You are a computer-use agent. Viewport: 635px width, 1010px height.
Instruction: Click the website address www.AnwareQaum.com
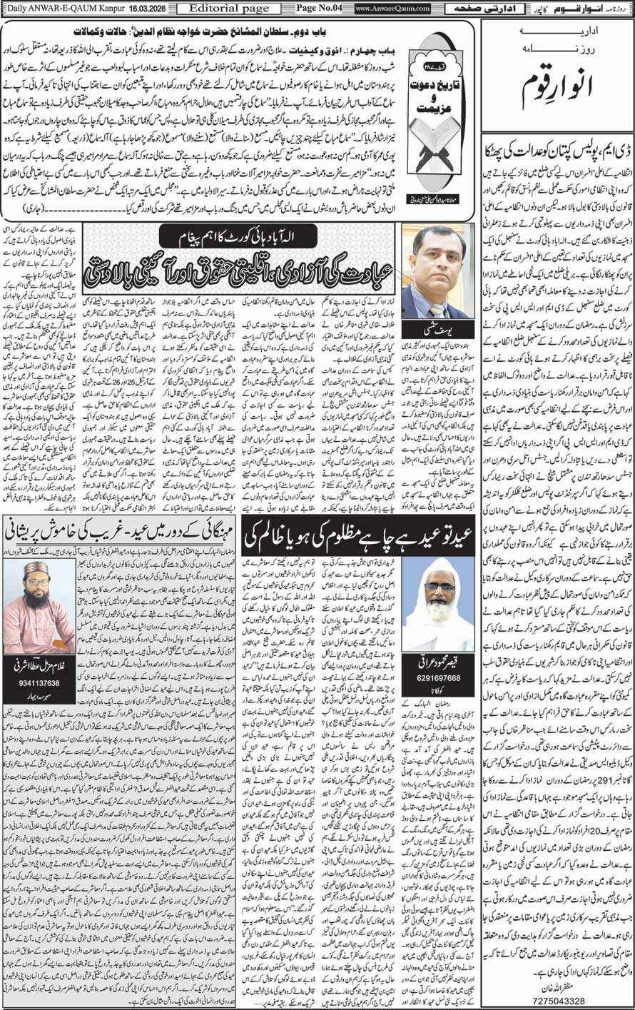[x=392, y=9]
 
